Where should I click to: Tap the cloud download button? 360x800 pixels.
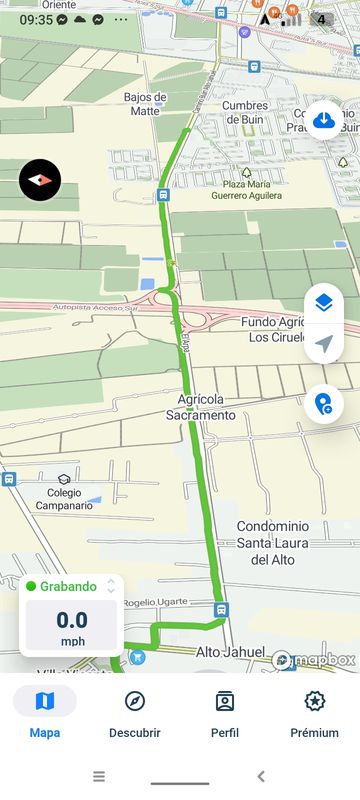click(324, 121)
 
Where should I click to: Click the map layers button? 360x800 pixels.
click(323, 303)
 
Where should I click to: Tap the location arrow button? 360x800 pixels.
click(323, 344)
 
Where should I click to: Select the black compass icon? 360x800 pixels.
click(40, 180)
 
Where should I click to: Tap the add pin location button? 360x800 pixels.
click(323, 404)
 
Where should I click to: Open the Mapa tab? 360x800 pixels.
click(45, 711)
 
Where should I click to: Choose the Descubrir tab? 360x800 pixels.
click(135, 711)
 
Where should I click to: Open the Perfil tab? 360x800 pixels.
click(225, 711)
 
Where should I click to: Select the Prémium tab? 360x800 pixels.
click(315, 711)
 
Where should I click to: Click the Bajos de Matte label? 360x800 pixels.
click(144, 104)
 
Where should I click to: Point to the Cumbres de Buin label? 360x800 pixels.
click(245, 113)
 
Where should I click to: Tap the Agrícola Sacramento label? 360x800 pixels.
click(201, 406)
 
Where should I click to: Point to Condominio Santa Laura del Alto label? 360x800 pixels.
click(265, 543)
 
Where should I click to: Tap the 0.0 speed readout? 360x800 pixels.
click(72, 620)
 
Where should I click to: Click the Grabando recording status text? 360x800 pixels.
click(68, 587)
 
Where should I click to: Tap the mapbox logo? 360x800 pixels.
click(314, 660)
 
